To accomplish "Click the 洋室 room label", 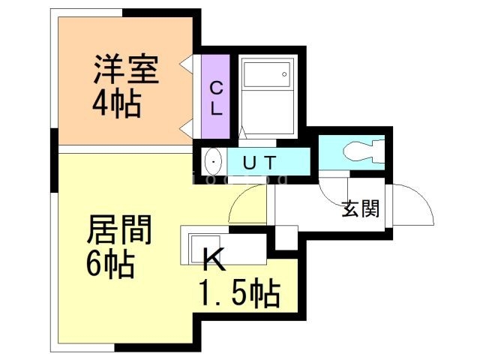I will point(125,71).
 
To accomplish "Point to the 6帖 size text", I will point(110,263).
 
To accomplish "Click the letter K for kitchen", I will point(213,261).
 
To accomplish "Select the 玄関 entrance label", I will point(360,209).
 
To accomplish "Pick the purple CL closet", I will point(215,97).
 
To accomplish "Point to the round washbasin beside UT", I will point(214,161).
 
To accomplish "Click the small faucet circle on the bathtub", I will point(284,73).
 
